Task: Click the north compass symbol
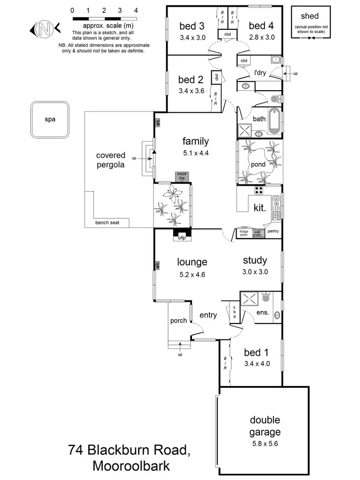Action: [44, 29]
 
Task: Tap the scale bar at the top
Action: [104, 18]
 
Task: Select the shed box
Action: [308, 22]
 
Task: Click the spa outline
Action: [49, 119]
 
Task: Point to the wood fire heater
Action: [181, 176]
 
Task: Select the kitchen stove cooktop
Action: [259, 191]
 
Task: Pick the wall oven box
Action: [258, 233]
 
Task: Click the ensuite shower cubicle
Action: [250, 299]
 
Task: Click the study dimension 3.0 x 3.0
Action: [254, 272]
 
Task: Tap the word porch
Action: [178, 321]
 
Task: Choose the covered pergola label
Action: [110, 160]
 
